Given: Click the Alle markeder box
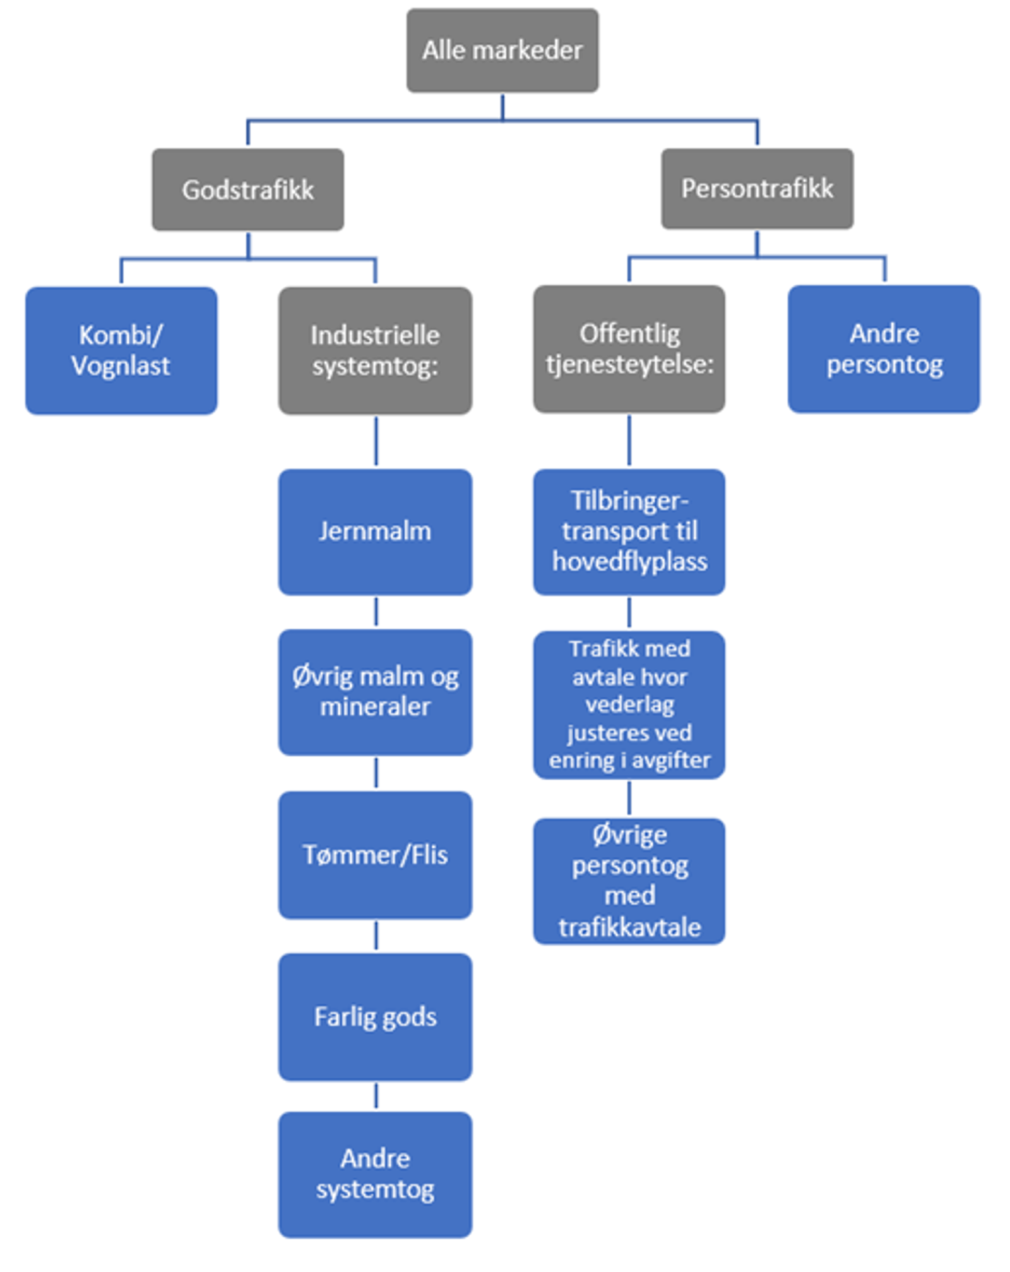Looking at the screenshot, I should [x=502, y=51].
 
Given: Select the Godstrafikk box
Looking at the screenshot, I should [x=247, y=189].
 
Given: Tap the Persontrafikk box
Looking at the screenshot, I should [x=757, y=188].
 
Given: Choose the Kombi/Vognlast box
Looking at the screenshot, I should [x=121, y=350].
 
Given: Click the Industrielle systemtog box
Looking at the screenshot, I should [x=375, y=350].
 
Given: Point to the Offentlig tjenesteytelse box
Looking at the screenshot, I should [x=629, y=349].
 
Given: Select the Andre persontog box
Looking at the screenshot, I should [x=884, y=349].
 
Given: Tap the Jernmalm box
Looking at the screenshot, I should [x=375, y=532].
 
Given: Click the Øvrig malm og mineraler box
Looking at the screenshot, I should [x=375, y=692].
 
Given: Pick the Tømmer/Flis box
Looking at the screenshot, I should [x=375, y=855].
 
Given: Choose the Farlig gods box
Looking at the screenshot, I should [x=375, y=1017].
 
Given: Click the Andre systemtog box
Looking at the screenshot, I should [x=375, y=1174].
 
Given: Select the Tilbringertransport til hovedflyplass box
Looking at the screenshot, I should [x=629, y=532].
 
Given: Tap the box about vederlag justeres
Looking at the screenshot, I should [x=629, y=704].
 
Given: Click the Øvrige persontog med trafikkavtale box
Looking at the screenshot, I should [x=629, y=881].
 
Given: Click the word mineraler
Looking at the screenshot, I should [x=375, y=707].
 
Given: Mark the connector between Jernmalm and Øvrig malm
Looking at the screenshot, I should [x=376, y=612].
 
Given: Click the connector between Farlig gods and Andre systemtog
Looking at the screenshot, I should [x=376, y=1096].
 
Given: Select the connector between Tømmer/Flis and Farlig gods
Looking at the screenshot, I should [x=376, y=936].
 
